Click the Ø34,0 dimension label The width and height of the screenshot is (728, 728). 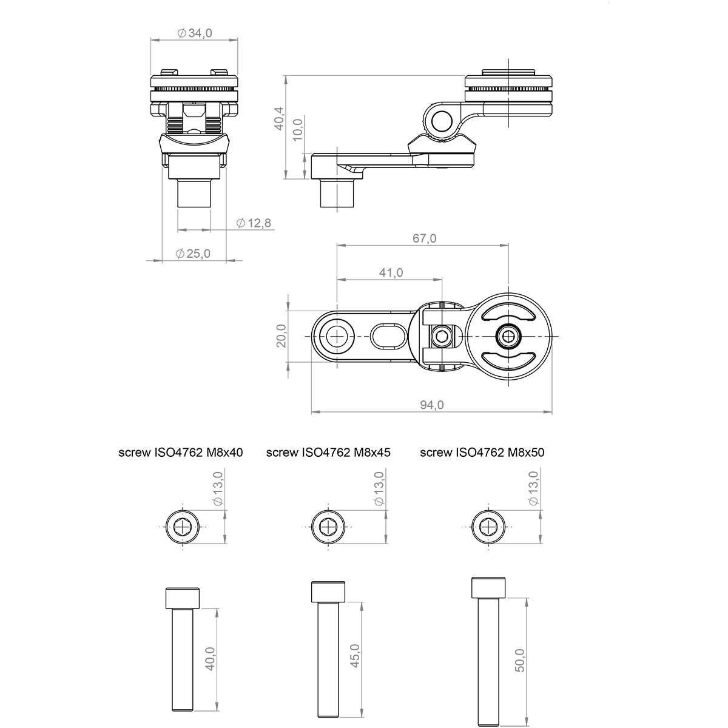tap(194, 33)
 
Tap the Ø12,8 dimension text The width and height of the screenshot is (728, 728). tap(254, 223)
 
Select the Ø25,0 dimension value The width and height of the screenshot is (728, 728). tap(193, 254)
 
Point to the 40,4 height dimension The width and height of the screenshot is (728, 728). tap(279, 118)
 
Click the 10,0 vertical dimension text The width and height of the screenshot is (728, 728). tap(298, 130)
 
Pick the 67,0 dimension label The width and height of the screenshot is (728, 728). tap(424, 238)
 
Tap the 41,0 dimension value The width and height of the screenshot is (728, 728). tap(391, 272)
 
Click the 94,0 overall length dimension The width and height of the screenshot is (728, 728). tap(432, 405)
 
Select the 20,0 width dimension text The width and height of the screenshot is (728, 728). tap(281, 335)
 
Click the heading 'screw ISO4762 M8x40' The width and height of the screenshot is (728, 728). tap(181, 453)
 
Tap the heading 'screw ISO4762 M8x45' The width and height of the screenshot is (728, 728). tap(328, 453)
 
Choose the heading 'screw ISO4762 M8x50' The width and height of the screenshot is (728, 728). tap(482, 453)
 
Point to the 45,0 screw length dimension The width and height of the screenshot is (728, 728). tap(355, 655)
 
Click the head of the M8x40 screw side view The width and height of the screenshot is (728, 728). tap(183, 598)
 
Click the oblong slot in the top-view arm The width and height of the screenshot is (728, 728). tap(389, 336)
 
